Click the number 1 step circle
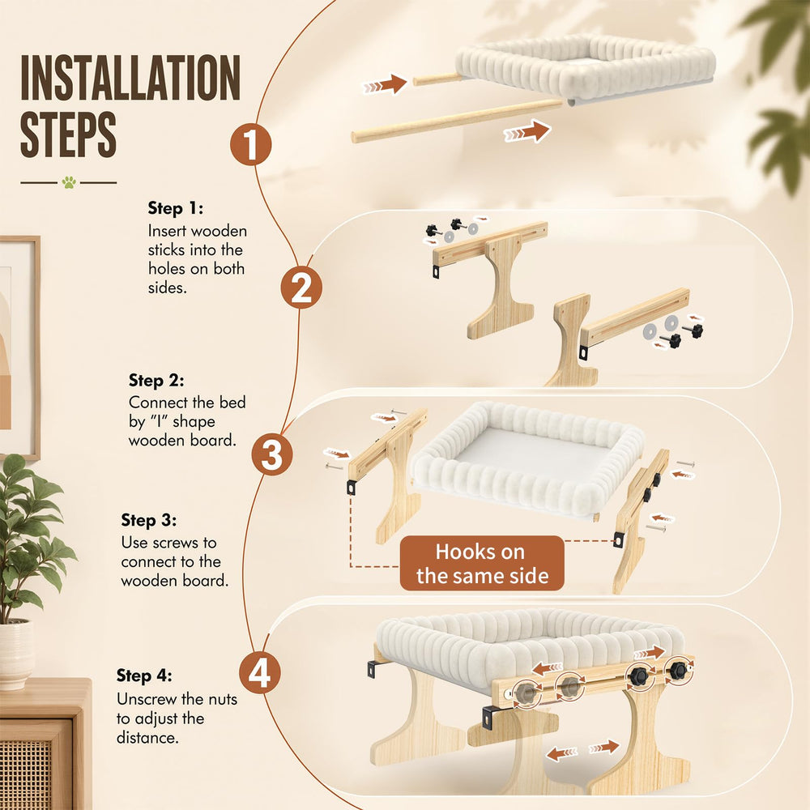pyautogui.click(x=250, y=144)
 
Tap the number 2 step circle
pyautogui.click(x=301, y=288)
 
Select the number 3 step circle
pyautogui.click(x=272, y=454)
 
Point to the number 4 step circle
pyautogui.click(x=260, y=672)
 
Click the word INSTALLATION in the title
pyautogui.click(x=130, y=78)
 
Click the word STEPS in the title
pyautogui.click(x=68, y=134)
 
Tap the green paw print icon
pyautogui.click(x=69, y=181)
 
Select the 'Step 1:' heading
pyautogui.click(x=176, y=208)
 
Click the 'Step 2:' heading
pyautogui.click(x=156, y=380)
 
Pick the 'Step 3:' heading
pyautogui.click(x=149, y=520)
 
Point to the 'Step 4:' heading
pyautogui.click(x=144, y=676)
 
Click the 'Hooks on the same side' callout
pyautogui.click(x=482, y=563)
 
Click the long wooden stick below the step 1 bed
pyautogui.click(x=457, y=121)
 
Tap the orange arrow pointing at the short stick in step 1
pyautogui.click(x=385, y=84)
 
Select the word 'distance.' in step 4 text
pyautogui.click(x=147, y=738)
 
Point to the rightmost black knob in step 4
pyautogui.click(x=678, y=671)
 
